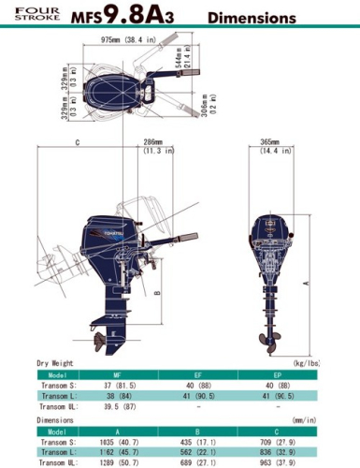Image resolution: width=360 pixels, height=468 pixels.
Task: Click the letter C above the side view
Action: click(x=76, y=143)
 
